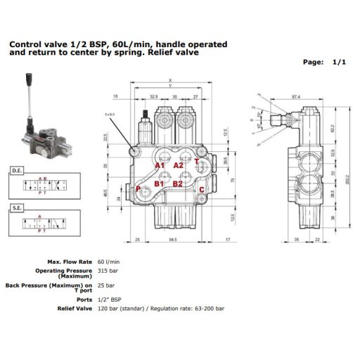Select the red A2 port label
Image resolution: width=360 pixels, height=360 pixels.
coord(178,165)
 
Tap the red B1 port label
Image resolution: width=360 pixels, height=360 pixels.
coord(159,184)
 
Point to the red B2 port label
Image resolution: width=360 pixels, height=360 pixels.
coord(178,184)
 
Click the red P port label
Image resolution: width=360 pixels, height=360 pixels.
coord(137,188)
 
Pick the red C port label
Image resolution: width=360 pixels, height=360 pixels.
coord(201,189)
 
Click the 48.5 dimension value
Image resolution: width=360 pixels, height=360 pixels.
coord(105,191)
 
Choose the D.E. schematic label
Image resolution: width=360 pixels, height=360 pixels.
coord(18,169)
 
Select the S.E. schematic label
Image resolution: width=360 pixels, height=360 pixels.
coord(18,208)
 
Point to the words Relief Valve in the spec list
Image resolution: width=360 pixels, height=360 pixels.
coord(75,308)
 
